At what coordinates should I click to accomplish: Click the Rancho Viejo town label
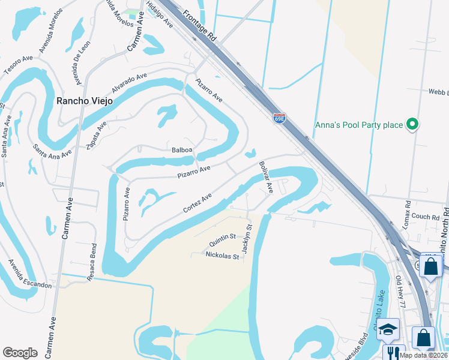pyautogui.click(x=84, y=101)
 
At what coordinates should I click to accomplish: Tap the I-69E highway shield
pyautogui.click(x=279, y=118)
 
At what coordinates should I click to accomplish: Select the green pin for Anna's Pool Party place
pyautogui.click(x=412, y=125)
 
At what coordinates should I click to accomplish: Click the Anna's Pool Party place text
pyautogui.click(x=358, y=125)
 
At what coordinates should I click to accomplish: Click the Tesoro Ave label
pyautogui.click(x=18, y=65)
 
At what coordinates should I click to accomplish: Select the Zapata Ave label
pyautogui.click(x=97, y=135)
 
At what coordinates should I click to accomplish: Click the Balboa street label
pyautogui.click(x=181, y=149)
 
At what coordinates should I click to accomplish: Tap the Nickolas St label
pyautogui.click(x=222, y=256)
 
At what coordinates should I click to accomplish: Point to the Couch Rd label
pyautogui.click(x=426, y=217)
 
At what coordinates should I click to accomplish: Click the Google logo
pyautogui.click(x=20, y=353)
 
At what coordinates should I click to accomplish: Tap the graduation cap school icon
pyautogui.click(x=388, y=329)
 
